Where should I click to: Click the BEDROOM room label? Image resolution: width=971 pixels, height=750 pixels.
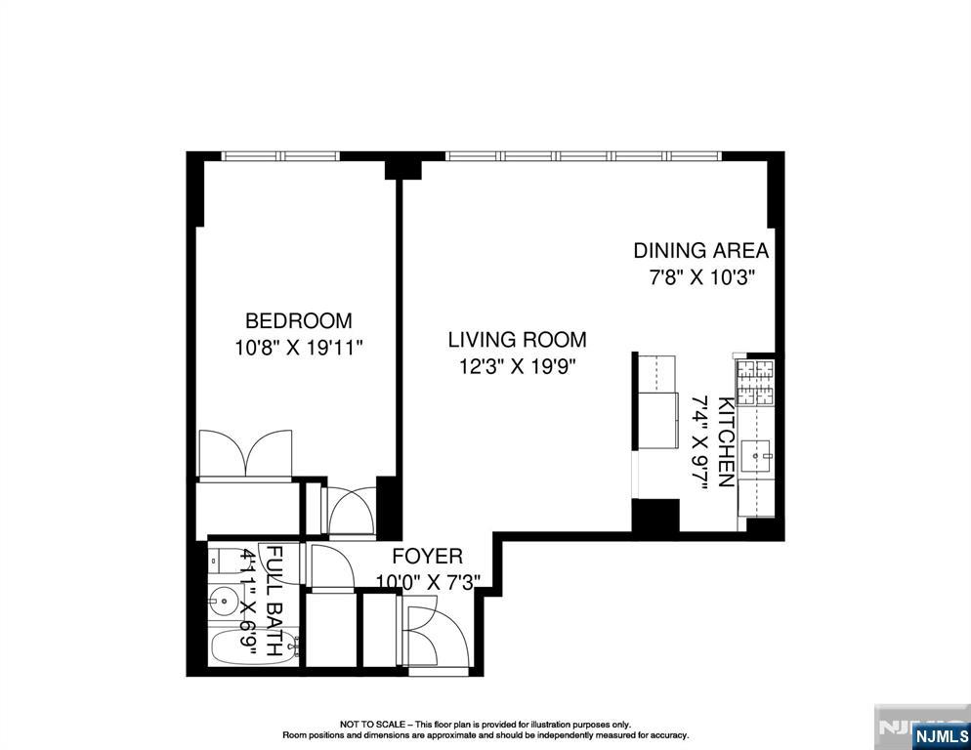(x=298, y=320)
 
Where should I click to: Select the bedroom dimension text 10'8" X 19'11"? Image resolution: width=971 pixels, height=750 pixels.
(x=298, y=348)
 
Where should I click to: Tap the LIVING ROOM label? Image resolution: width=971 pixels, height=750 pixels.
(x=517, y=340)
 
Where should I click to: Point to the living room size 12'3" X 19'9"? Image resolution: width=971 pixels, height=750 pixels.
(x=517, y=367)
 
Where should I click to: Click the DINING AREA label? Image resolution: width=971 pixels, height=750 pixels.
(x=700, y=250)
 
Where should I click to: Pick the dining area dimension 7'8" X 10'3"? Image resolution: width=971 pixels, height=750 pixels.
(x=700, y=276)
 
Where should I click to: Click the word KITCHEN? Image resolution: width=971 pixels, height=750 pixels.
(x=726, y=442)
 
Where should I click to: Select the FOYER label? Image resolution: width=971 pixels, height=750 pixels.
(x=427, y=557)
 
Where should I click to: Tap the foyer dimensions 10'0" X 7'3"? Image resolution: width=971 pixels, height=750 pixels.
(x=427, y=583)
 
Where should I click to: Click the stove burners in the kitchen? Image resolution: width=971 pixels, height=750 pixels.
(x=754, y=382)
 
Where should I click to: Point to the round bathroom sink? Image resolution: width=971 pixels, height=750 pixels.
(x=224, y=599)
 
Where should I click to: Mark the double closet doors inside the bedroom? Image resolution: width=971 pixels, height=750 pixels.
(x=246, y=454)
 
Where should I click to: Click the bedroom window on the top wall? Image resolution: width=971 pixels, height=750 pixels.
(x=279, y=155)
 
